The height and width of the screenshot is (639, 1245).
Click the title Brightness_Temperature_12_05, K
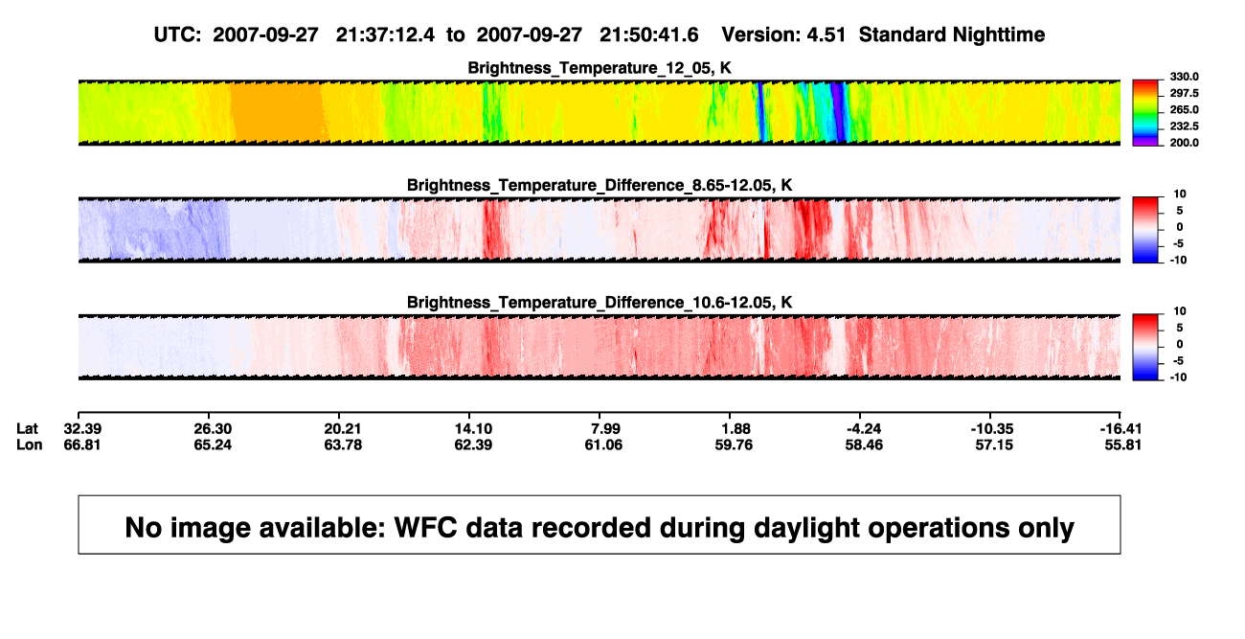tap(600, 68)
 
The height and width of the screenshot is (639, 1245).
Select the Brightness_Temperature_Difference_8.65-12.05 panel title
tap(600, 185)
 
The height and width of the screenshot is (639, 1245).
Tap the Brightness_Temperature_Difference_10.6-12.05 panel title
tap(600, 303)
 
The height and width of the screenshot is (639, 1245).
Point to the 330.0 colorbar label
tap(1184, 77)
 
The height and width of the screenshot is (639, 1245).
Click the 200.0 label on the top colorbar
tap(1184, 143)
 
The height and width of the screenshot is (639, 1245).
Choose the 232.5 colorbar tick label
tap(1184, 126)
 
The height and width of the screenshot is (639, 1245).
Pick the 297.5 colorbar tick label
tap(1184, 93)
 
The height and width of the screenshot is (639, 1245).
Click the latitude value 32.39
tap(82, 429)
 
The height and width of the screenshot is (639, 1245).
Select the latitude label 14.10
tap(473, 429)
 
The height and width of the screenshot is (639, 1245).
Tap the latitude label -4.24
tap(864, 429)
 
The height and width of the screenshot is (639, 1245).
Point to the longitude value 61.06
tap(603, 445)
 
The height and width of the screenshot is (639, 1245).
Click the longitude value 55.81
tap(1122, 445)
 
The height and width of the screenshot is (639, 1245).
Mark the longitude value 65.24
tap(213, 445)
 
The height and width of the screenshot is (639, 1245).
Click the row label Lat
tap(27, 429)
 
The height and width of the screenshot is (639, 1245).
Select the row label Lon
tap(30, 445)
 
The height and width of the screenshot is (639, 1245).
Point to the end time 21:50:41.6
tap(648, 35)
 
